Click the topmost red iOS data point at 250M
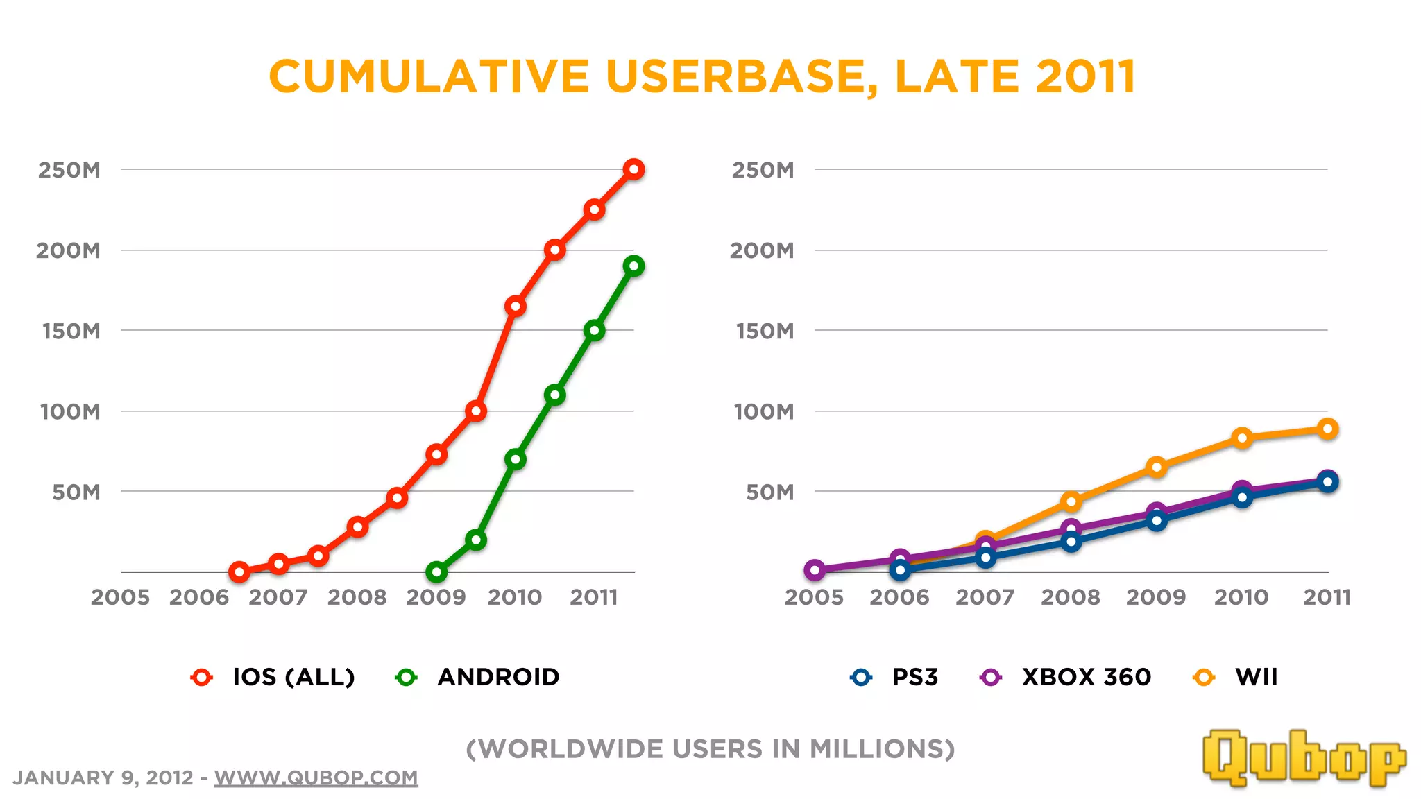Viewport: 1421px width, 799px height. (x=633, y=169)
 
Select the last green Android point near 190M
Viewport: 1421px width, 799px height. (x=633, y=266)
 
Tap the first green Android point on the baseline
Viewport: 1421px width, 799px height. (x=436, y=572)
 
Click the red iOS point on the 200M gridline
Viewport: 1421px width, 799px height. (x=554, y=250)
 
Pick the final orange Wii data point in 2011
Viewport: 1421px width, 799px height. (x=1327, y=429)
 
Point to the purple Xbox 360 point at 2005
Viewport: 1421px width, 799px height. (x=815, y=570)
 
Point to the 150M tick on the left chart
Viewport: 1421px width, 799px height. (x=71, y=331)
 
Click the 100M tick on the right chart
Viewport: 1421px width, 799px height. (x=764, y=411)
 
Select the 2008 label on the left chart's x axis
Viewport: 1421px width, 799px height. (x=357, y=597)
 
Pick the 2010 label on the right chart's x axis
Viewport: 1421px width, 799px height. (x=1241, y=597)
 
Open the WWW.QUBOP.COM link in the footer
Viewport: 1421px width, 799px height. (x=316, y=777)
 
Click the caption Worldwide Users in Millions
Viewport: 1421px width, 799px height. (x=710, y=749)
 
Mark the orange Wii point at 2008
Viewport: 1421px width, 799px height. (x=1071, y=501)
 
